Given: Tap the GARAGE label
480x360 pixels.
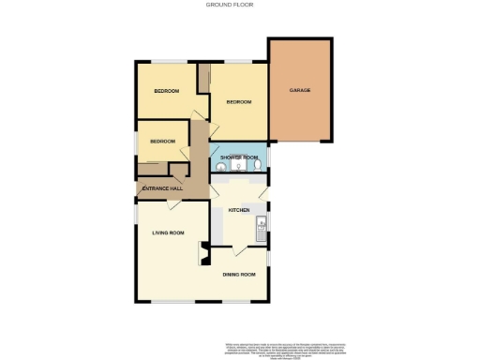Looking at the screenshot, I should point(300,90).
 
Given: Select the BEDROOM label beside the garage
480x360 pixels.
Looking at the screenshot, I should point(239,102).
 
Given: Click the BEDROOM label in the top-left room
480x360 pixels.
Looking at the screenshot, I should point(166,91).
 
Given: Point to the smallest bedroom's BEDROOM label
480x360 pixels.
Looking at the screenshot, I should point(162,142).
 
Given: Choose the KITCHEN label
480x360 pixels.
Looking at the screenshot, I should point(239,211).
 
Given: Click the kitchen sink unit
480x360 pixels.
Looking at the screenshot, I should point(262,223).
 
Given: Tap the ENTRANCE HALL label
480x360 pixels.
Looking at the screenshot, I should point(161,189).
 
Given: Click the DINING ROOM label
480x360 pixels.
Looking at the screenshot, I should point(239,274).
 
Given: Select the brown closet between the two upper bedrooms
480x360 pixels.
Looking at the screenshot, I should point(203,78).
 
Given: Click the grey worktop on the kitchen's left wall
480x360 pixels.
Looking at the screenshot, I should point(217,225).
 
